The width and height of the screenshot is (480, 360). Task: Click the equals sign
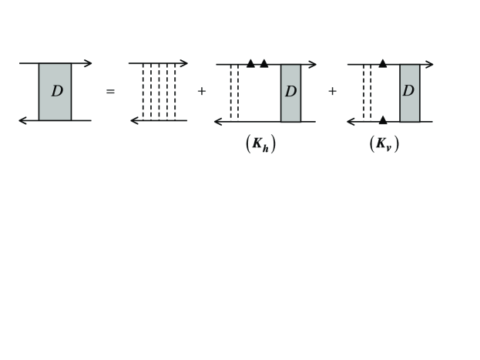(x=109, y=92)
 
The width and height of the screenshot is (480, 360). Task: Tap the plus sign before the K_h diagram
(x=203, y=91)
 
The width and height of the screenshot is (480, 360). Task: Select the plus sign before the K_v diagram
(x=333, y=91)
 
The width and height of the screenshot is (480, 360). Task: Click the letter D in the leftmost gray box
(x=57, y=91)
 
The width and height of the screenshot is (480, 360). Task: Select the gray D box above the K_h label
(x=290, y=92)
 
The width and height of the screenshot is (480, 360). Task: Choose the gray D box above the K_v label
(x=409, y=92)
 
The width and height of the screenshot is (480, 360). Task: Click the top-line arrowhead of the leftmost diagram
(x=87, y=63)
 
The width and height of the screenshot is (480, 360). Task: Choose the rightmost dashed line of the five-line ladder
(x=176, y=92)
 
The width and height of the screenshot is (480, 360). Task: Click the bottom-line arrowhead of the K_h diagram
(x=220, y=120)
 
